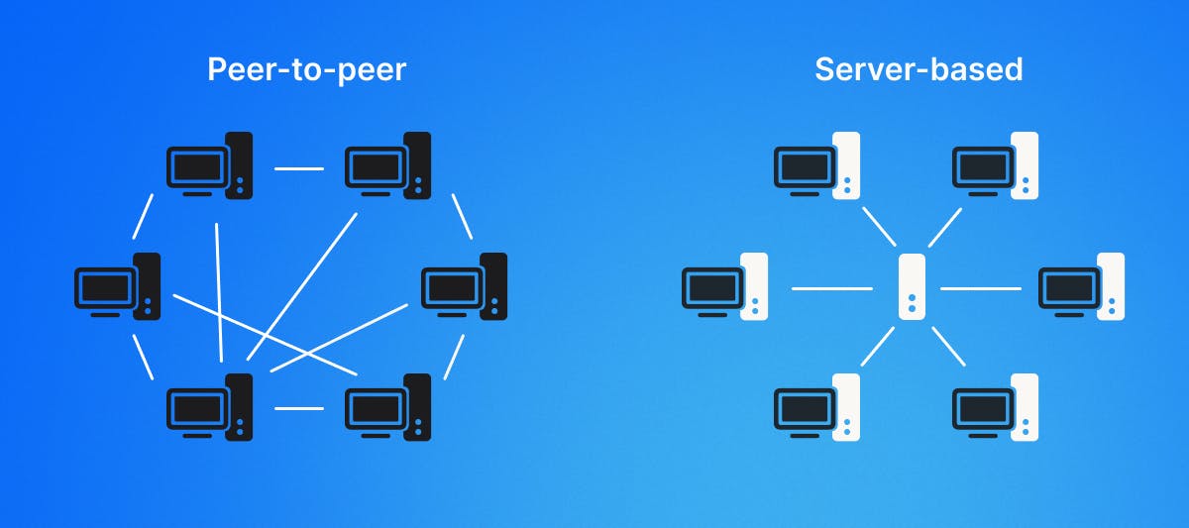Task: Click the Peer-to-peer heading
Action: point(307,70)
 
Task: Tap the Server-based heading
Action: point(919,70)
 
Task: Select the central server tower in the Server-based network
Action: point(912,287)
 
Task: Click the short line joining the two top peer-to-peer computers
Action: point(299,168)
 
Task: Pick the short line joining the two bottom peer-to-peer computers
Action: point(299,407)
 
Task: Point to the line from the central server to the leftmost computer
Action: point(832,288)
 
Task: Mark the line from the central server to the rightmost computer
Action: point(980,288)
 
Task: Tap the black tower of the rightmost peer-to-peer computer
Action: point(493,285)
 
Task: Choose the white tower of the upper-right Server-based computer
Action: point(1025,165)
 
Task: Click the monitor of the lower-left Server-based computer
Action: point(803,408)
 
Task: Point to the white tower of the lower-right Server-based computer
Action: point(1025,406)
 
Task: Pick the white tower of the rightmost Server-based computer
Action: point(1111,285)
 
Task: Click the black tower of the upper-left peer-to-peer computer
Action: point(239,165)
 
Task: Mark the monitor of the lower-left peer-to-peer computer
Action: point(196,408)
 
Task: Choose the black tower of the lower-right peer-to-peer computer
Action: point(417,406)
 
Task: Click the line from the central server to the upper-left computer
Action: point(879,227)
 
